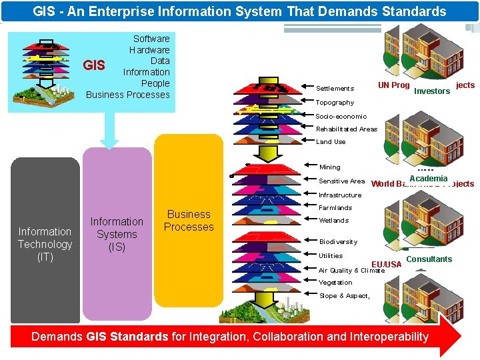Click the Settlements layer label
[335, 89]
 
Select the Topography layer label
[335, 103]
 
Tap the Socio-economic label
[341, 117]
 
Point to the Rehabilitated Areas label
[347, 129]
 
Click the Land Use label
[331, 142]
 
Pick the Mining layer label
[329, 167]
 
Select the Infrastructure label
[340, 195]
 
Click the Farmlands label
[335, 208]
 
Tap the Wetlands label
[334, 221]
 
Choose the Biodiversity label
[338, 242]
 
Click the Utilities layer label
[331, 256]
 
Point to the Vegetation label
[335, 283]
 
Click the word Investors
[432, 91]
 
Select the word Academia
[429, 179]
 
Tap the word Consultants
[429, 259]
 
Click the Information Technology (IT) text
[45, 244]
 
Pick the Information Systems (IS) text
[117, 234]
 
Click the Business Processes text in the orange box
[189, 221]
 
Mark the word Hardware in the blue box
[149, 50]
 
